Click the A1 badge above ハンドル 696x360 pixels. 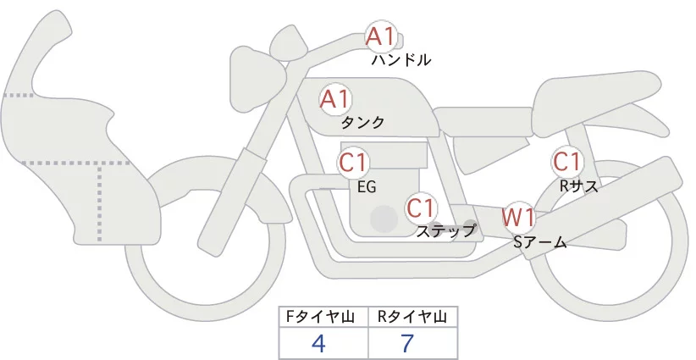[380, 36]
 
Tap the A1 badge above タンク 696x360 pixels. [334, 98]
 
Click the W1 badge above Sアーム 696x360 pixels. [518, 217]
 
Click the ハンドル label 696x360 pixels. [401, 60]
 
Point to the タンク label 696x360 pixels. [362, 122]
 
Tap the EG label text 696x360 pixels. [367, 186]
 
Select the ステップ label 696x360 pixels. [445, 230]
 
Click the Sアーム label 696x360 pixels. [539, 242]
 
